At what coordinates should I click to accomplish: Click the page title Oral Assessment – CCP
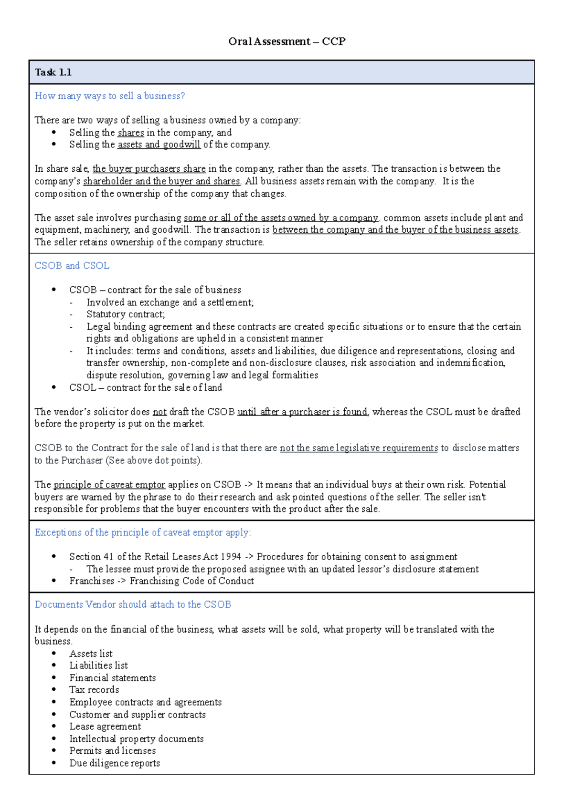(x=286, y=42)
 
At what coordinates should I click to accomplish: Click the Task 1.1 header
(x=53, y=73)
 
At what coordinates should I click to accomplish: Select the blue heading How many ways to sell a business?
(x=109, y=96)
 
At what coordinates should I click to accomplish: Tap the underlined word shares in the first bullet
(x=130, y=133)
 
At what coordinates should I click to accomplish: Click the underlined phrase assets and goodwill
(x=159, y=145)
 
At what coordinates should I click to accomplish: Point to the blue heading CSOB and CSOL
(x=72, y=266)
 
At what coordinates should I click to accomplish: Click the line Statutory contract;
(x=126, y=314)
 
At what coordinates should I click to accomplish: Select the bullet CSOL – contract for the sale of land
(x=146, y=387)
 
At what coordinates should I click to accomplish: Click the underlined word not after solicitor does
(x=159, y=412)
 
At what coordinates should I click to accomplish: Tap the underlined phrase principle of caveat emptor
(x=109, y=485)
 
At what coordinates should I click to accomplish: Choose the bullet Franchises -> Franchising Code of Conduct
(x=161, y=581)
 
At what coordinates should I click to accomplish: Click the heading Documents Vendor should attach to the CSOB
(x=133, y=604)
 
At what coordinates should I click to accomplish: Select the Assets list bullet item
(x=91, y=654)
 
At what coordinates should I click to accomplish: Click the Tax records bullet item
(x=94, y=690)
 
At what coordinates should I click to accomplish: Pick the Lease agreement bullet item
(x=105, y=727)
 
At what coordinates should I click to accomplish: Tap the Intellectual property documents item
(x=137, y=739)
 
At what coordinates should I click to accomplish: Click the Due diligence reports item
(x=115, y=763)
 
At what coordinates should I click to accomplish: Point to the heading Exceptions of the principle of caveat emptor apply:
(x=143, y=532)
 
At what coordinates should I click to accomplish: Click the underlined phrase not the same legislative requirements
(x=359, y=448)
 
